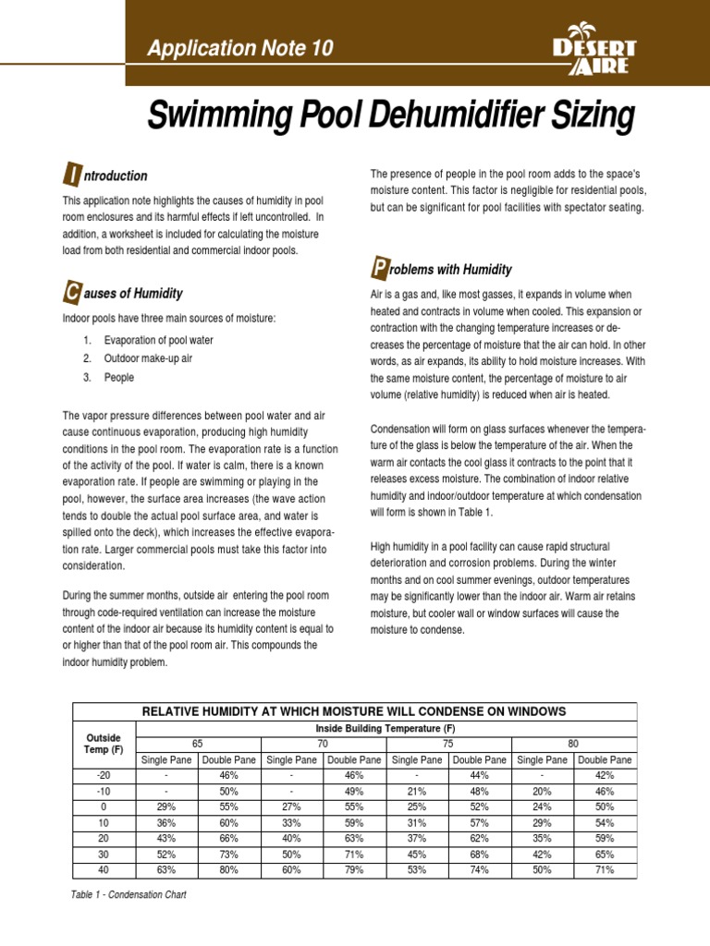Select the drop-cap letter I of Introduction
point(71,176)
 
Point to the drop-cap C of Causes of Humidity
point(71,294)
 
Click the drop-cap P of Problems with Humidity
point(378,269)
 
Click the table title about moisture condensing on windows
point(354,710)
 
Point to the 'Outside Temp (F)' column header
point(104,744)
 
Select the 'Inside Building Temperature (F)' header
point(386,728)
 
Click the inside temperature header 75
point(448,743)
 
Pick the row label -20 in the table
point(104,775)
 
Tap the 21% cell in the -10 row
point(418,791)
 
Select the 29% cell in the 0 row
point(166,807)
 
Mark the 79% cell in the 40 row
point(354,869)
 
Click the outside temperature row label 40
point(104,869)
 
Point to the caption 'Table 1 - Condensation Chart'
point(129,895)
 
